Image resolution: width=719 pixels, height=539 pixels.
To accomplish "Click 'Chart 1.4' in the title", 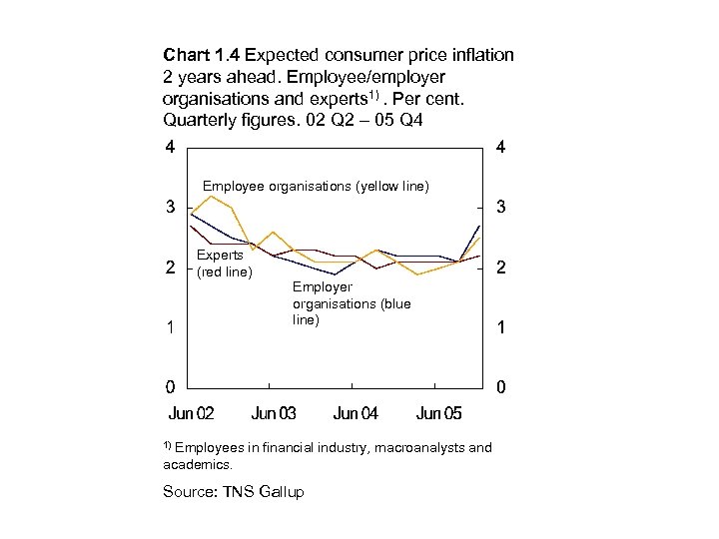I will click(201, 56).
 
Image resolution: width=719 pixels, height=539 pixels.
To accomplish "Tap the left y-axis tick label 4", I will click(172, 147).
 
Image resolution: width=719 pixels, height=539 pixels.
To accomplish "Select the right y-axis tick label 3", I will click(500, 208).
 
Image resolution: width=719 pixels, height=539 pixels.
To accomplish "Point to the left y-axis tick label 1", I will click(172, 327).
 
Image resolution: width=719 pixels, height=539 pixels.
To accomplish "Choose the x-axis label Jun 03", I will click(273, 413).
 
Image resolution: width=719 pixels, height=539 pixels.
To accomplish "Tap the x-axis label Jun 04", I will click(356, 413).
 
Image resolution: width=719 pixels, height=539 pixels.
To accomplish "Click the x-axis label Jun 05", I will click(438, 413).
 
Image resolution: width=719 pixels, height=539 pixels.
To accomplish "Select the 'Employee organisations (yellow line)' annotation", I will click(316, 186).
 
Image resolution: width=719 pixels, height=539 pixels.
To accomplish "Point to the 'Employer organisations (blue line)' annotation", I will click(351, 303).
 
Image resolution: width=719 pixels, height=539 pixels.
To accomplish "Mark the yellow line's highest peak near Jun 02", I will click(210, 196).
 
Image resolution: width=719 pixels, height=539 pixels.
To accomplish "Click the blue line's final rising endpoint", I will click(479, 227).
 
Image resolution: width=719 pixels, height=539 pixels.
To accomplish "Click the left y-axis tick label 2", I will click(172, 268).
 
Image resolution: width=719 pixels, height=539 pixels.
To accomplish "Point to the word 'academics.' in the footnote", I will click(197, 464).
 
